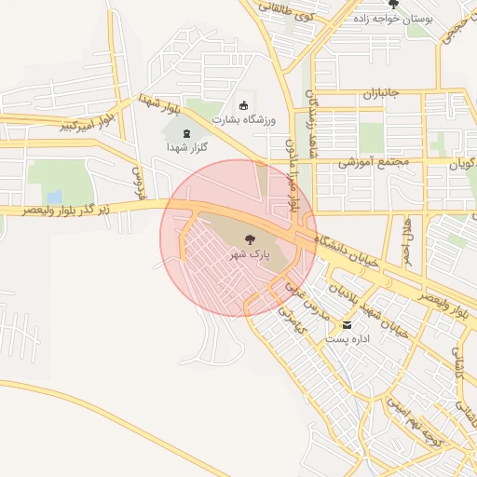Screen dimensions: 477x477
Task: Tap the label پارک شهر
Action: [249, 254]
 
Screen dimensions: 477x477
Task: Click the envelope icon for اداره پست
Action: [348, 325]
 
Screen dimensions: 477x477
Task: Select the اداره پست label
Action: [348, 339]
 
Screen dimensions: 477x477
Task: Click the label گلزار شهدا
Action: [186, 148]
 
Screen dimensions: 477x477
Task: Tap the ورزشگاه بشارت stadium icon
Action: [244, 105]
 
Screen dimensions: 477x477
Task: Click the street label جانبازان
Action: [380, 95]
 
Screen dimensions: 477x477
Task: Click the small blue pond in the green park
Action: [54, 197]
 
